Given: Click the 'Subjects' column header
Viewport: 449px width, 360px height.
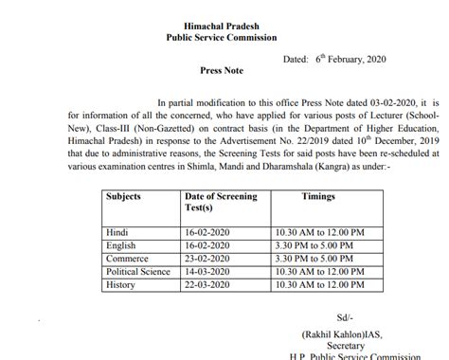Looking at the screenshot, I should (x=129, y=197).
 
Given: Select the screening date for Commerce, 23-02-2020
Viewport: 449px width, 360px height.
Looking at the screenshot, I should (x=207, y=257).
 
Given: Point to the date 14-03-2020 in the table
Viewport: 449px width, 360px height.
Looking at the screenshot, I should (x=207, y=269).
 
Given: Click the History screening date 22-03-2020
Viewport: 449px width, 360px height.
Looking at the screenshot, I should (x=207, y=282).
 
